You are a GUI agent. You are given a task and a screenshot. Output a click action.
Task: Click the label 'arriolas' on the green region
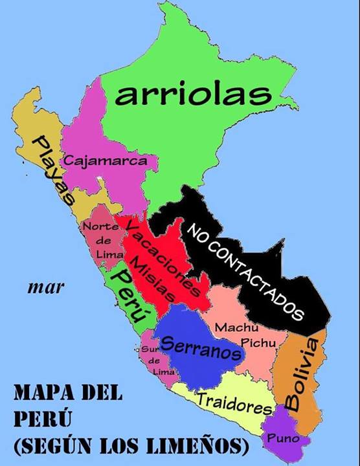pos(192,94)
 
